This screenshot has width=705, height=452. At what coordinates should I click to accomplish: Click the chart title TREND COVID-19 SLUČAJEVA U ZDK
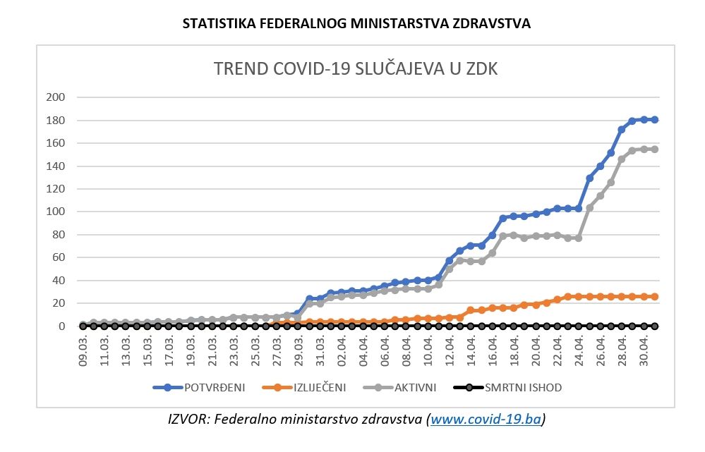point(356,69)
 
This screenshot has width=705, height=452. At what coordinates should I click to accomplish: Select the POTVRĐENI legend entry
point(205,387)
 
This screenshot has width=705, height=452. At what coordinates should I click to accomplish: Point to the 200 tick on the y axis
point(55,97)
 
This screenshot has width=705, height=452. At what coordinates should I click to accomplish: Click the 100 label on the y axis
point(55,212)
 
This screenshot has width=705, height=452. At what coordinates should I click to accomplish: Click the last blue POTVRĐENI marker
point(655,120)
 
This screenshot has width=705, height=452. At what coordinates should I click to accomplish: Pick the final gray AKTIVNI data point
point(655,149)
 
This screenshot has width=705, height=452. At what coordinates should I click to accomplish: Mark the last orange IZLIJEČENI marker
point(655,297)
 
